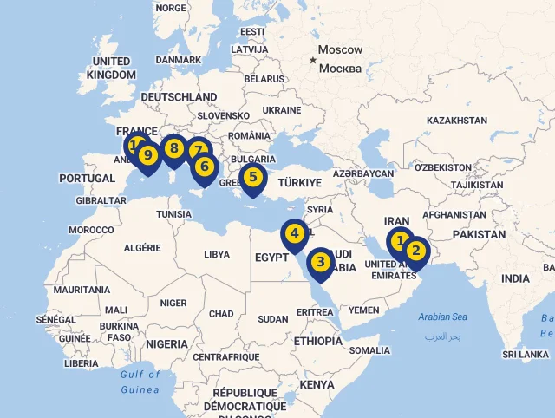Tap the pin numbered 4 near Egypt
(295, 233)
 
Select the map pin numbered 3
(320, 262)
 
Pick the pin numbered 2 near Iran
(416, 251)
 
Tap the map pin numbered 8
(174, 149)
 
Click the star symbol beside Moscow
(313, 60)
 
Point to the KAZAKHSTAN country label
(457, 121)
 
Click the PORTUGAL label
(87, 179)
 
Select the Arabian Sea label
(442, 317)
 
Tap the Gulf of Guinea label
(140, 382)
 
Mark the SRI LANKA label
(526, 355)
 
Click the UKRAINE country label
(282, 111)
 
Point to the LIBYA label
(217, 255)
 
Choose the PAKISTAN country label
(479, 235)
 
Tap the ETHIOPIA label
(318, 341)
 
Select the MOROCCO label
(91, 230)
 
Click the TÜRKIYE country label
(299, 183)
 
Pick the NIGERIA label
(166, 344)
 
